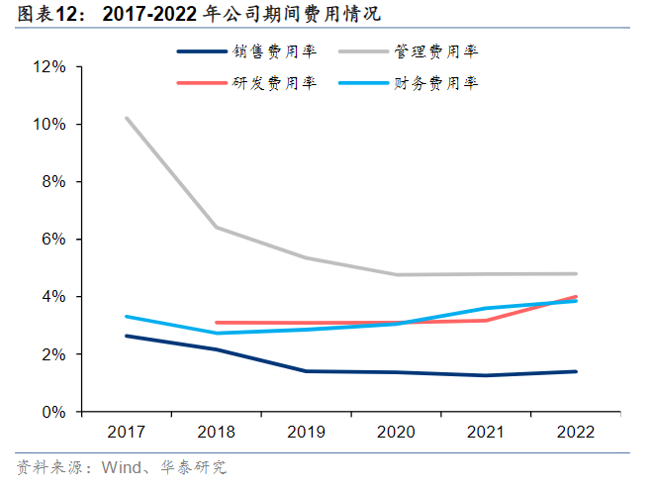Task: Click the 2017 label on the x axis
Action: click(x=126, y=434)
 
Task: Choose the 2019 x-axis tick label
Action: click(x=307, y=434)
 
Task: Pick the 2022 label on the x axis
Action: click(x=578, y=434)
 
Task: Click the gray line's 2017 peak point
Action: click(x=126, y=118)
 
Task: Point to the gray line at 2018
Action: click(x=217, y=228)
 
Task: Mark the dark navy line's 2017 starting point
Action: click(x=126, y=336)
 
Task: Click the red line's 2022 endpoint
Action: click(x=578, y=296)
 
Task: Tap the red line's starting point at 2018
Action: click(x=217, y=323)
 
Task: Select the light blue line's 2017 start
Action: click(x=126, y=317)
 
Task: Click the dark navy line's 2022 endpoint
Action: click(x=578, y=371)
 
